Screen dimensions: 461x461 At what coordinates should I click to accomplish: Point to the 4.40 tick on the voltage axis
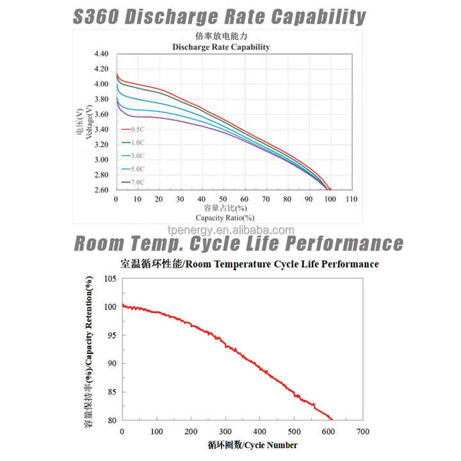[x=101, y=53]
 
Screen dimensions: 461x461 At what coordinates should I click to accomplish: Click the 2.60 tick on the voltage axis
[x=101, y=190]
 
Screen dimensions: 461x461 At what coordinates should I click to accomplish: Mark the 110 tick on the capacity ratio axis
[x=352, y=200]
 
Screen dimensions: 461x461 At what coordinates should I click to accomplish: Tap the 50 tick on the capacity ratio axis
[x=223, y=200]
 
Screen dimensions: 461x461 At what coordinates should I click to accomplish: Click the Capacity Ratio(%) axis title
[x=222, y=218]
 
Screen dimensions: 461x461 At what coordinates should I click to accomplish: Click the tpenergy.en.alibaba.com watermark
[x=230, y=230]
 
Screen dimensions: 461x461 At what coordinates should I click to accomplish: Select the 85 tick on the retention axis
[x=111, y=392]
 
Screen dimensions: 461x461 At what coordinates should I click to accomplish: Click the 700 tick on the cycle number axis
[x=364, y=432]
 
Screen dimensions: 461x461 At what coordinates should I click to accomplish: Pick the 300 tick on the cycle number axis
[x=225, y=432]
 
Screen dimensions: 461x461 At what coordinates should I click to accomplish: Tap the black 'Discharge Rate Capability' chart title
[x=222, y=47]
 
